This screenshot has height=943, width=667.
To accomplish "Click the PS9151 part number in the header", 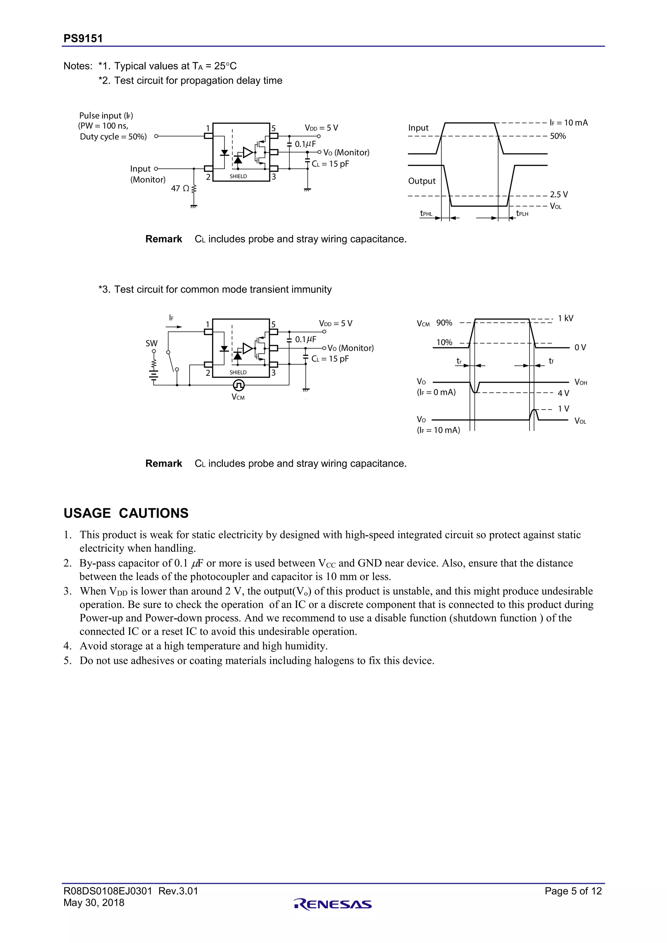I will (83, 39).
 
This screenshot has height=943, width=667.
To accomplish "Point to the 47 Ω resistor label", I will (180, 189).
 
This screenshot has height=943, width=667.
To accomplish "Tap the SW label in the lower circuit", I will (151, 343).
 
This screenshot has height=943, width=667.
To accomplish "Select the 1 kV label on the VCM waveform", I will (566, 318).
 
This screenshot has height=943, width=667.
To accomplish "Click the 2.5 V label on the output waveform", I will (559, 195).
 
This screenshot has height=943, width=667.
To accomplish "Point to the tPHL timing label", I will (426, 214).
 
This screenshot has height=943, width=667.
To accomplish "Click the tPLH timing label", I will (522, 214).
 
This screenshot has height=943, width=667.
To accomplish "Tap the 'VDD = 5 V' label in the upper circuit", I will (321, 128).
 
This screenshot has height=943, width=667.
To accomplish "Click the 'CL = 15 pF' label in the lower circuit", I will (330, 359).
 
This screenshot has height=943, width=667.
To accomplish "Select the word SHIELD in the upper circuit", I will (238, 176).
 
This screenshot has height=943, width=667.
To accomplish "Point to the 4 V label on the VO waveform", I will (563, 393).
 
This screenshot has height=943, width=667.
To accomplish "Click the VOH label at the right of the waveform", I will (581, 382).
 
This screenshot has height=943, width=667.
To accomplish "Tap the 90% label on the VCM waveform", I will (444, 323).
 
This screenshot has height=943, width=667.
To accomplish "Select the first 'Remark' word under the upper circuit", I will (163, 239).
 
